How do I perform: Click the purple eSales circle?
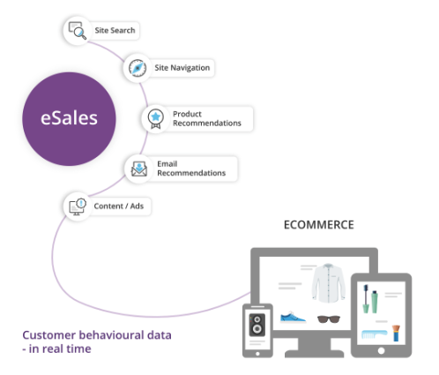(69, 119)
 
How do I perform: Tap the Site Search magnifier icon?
(78, 31)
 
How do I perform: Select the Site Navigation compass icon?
(138, 68)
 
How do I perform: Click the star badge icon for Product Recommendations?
(155, 119)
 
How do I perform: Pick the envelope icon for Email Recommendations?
(139, 169)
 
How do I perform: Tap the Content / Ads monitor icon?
(78, 206)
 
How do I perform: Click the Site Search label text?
(115, 30)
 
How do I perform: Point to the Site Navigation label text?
(182, 68)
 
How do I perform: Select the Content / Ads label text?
(119, 206)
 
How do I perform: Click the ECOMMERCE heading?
(319, 225)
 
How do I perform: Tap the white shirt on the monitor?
(328, 283)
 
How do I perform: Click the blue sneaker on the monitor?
(293, 317)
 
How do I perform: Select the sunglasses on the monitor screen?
(329, 319)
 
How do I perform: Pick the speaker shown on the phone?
(257, 325)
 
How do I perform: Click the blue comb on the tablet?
(374, 334)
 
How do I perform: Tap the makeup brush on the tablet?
(396, 333)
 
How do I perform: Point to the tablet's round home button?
(381, 351)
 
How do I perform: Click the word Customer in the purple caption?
(49, 335)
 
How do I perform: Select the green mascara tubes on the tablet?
(369, 299)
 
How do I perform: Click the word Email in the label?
(167, 164)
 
